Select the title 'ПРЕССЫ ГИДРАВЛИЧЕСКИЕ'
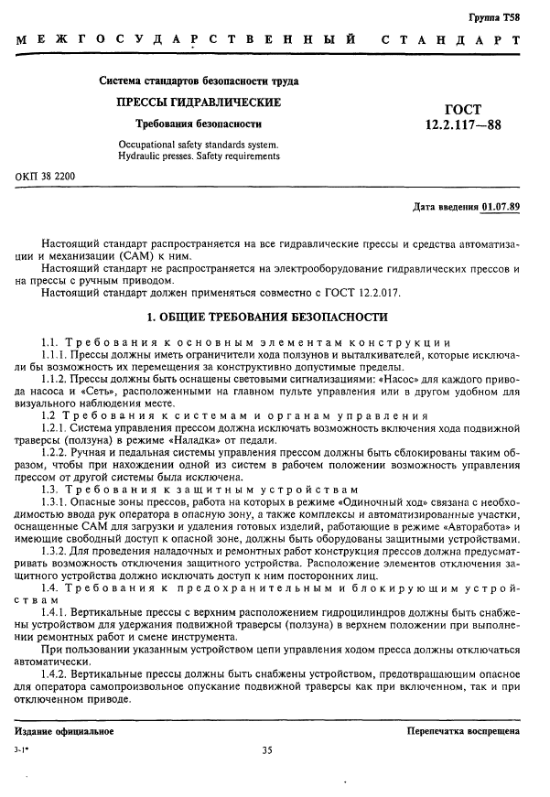point(197,102)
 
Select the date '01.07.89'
point(501,205)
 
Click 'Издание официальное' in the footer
point(64,731)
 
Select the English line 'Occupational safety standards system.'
point(199,145)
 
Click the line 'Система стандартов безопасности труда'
point(199,81)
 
